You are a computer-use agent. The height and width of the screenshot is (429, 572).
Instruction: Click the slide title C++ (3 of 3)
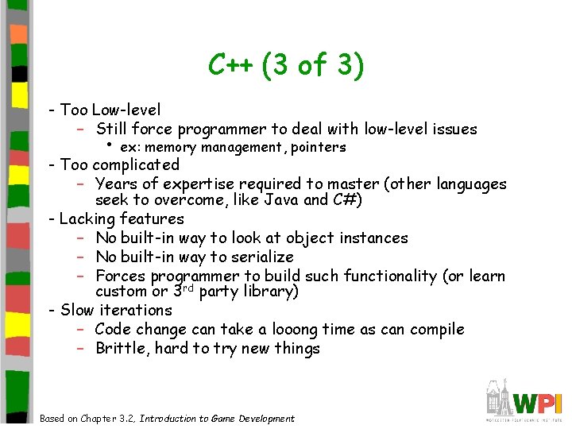click(286, 65)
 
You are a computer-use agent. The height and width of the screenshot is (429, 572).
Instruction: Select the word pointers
click(319, 148)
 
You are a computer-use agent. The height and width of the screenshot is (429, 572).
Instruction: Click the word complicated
click(137, 164)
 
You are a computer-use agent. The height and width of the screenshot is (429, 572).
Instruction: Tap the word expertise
click(195, 184)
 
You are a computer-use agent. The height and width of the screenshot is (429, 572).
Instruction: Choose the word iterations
click(136, 310)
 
